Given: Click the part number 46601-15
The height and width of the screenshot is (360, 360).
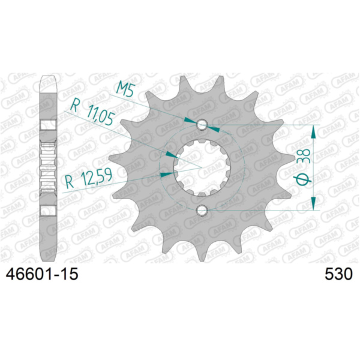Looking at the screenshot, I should [41, 275].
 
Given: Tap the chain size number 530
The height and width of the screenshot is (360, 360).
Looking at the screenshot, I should [337, 275].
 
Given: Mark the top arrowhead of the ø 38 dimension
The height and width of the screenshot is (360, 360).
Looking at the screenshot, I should [314, 131].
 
